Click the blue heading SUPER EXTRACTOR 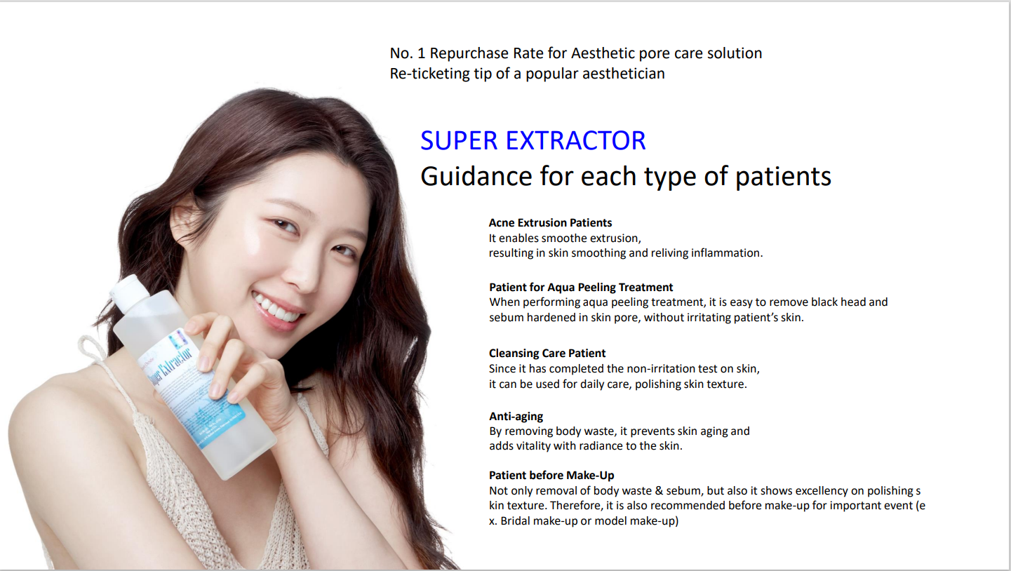533,140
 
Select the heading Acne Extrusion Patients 550,222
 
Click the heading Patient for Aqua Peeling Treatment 581,287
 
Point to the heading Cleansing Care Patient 547,353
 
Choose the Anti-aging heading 516,416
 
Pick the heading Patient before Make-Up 551,476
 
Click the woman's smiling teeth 276,308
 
